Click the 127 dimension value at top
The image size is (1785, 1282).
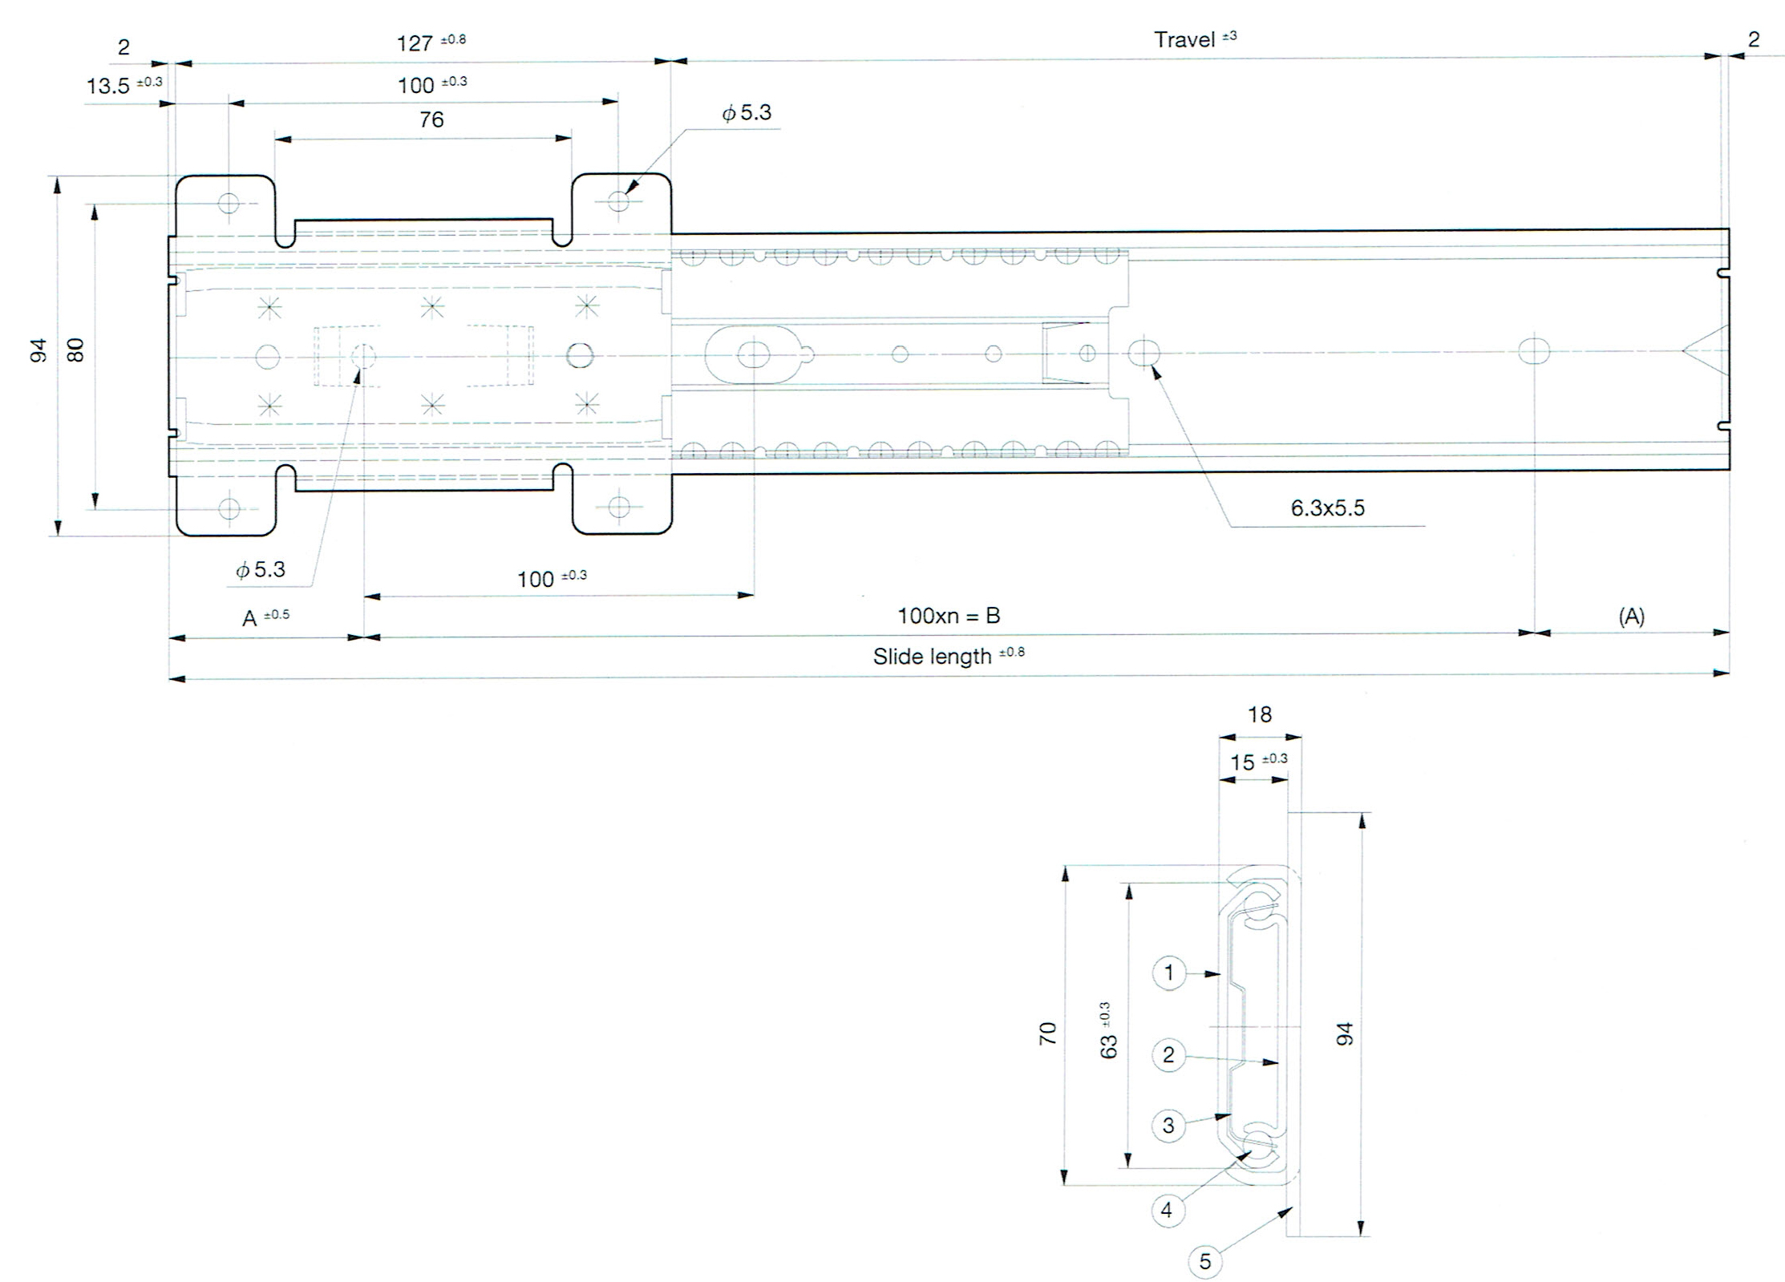415,42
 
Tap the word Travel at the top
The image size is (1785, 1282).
1184,39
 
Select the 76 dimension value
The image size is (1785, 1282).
431,119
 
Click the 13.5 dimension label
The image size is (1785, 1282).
108,86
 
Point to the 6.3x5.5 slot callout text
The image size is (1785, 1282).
1327,508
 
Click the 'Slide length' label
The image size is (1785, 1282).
932,657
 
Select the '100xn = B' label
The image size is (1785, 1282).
949,616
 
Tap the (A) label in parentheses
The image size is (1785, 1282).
1631,616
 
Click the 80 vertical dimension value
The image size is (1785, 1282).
75,350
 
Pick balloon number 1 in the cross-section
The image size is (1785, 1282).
1168,973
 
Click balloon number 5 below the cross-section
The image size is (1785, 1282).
1204,1261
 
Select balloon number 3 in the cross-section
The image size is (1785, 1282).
1168,1125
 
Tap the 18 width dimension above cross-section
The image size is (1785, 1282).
1260,714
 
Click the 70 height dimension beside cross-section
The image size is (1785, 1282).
1048,1033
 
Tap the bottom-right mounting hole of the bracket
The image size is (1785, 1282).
618,507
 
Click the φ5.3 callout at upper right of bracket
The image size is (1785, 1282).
747,113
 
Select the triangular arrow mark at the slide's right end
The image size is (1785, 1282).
1704,352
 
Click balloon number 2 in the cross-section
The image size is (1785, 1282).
1168,1054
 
